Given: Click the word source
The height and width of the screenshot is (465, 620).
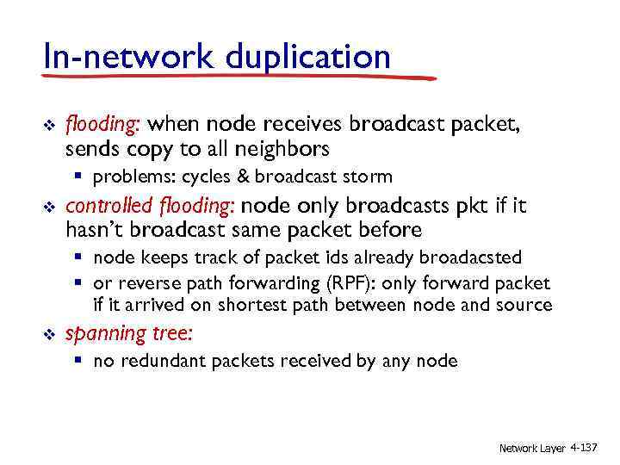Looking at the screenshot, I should coord(524,304).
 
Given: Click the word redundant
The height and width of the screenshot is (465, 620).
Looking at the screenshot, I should coord(158,361).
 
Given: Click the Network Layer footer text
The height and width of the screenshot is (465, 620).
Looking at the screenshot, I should coord(532,448).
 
